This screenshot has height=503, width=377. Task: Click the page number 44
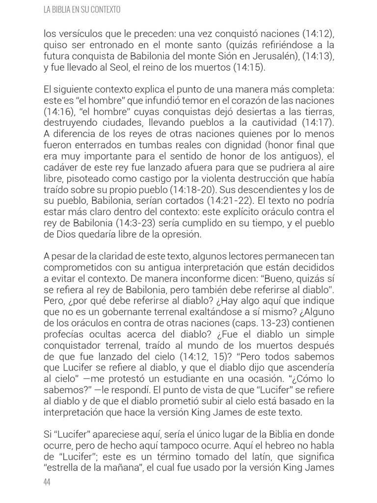[x=47, y=482]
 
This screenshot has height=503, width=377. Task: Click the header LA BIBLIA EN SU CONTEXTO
[x=82, y=9]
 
